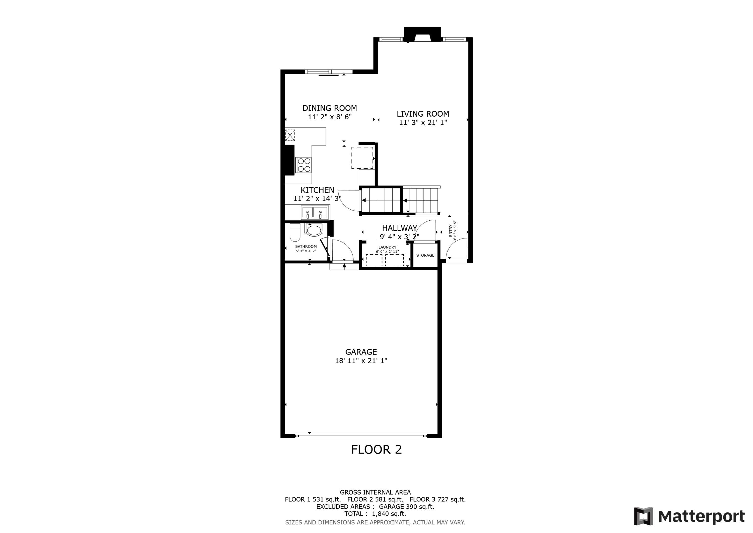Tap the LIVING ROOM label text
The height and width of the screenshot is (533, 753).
point(423,114)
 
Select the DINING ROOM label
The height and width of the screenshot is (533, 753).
point(330,108)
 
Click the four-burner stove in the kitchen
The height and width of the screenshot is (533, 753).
point(303,165)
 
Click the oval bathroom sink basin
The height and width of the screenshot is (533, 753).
point(314,230)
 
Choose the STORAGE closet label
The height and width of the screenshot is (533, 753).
point(425,255)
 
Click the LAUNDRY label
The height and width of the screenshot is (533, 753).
point(387,247)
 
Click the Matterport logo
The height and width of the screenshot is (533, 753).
point(689,516)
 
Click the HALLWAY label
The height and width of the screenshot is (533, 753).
point(399,228)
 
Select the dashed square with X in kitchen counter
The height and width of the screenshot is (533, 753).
point(290,135)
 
